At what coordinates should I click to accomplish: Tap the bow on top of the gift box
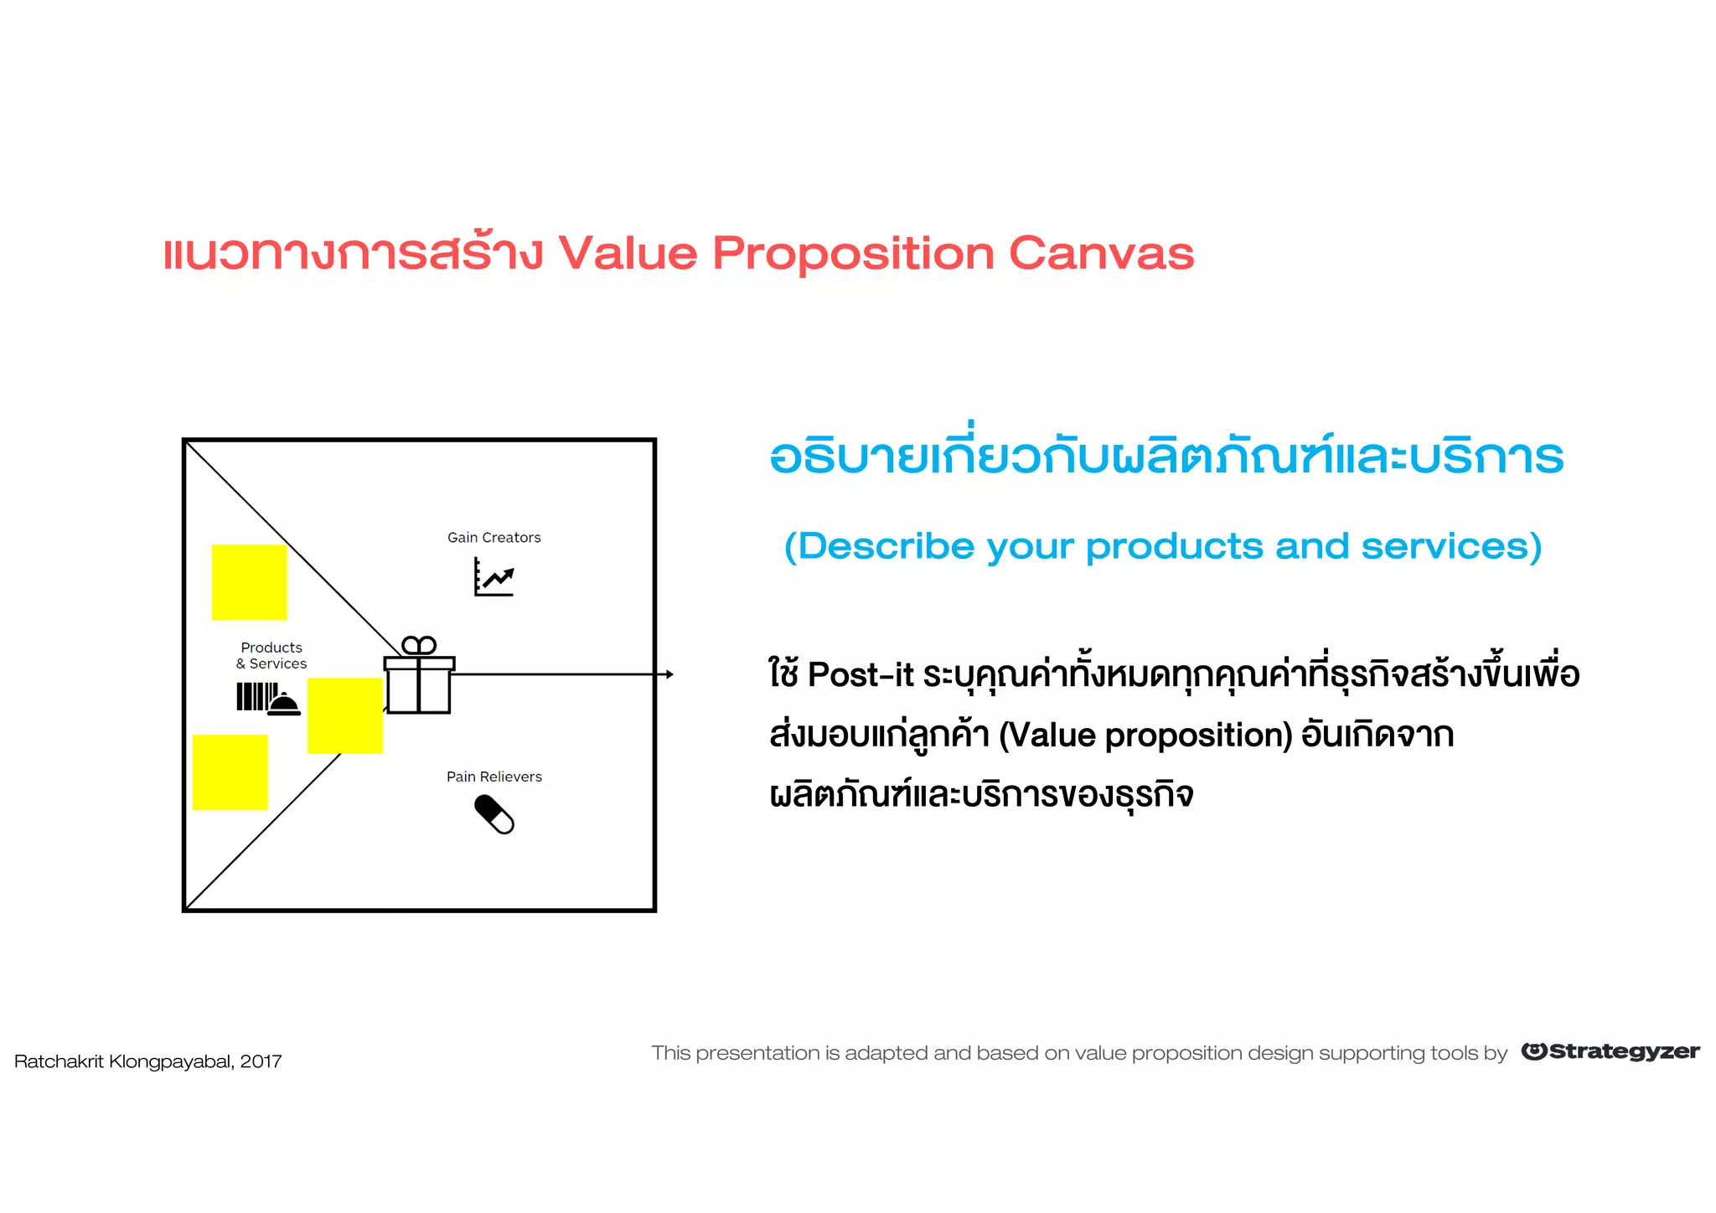click(x=419, y=646)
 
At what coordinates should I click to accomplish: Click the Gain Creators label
click(x=494, y=538)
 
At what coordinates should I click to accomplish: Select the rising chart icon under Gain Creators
click(x=494, y=577)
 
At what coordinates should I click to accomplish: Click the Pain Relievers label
click(x=494, y=777)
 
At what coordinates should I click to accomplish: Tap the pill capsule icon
click(x=494, y=814)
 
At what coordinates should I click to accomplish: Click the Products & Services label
click(x=271, y=655)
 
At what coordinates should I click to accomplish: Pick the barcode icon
click(x=256, y=696)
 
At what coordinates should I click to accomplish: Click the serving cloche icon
click(x=284, y=705)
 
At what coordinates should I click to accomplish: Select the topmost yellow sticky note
click(x=249, y=582)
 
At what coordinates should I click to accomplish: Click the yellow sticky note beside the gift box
click(x=344, y=715)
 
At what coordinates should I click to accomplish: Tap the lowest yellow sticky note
click(x=230, y=772)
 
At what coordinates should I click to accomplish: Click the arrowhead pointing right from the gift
click(x=669, y=674)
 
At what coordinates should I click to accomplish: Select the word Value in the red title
click(x=628, y=253)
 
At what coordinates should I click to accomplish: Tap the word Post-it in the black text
click(x=861, y=675)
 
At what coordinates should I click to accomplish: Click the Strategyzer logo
click(x=1610, y=1051)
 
